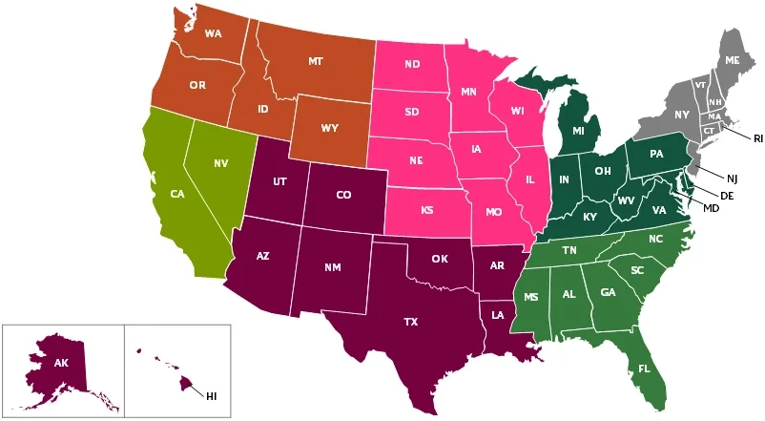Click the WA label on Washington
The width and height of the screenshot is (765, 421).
[213, 34]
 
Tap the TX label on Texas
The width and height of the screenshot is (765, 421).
[410, 322]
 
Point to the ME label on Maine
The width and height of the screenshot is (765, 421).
[732, 60]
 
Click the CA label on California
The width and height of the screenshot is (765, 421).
[176, 194]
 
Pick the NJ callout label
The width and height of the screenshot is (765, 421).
[732, 179]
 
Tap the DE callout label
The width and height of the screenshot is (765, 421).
[726, 195]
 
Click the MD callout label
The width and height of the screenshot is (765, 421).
[711, 208]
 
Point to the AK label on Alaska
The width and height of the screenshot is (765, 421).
[61, 363]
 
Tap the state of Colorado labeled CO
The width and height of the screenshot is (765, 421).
[343, 195]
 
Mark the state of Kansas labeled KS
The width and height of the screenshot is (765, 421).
[426, 209]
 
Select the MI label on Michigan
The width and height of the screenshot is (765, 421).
[578, 130]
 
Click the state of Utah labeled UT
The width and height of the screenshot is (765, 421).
[279, 181]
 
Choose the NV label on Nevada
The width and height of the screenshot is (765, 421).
[220, 163]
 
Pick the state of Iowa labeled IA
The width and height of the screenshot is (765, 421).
[475, 149]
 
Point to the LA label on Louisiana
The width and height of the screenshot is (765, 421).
[497, 314]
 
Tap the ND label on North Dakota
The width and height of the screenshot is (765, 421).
[412, 65]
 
